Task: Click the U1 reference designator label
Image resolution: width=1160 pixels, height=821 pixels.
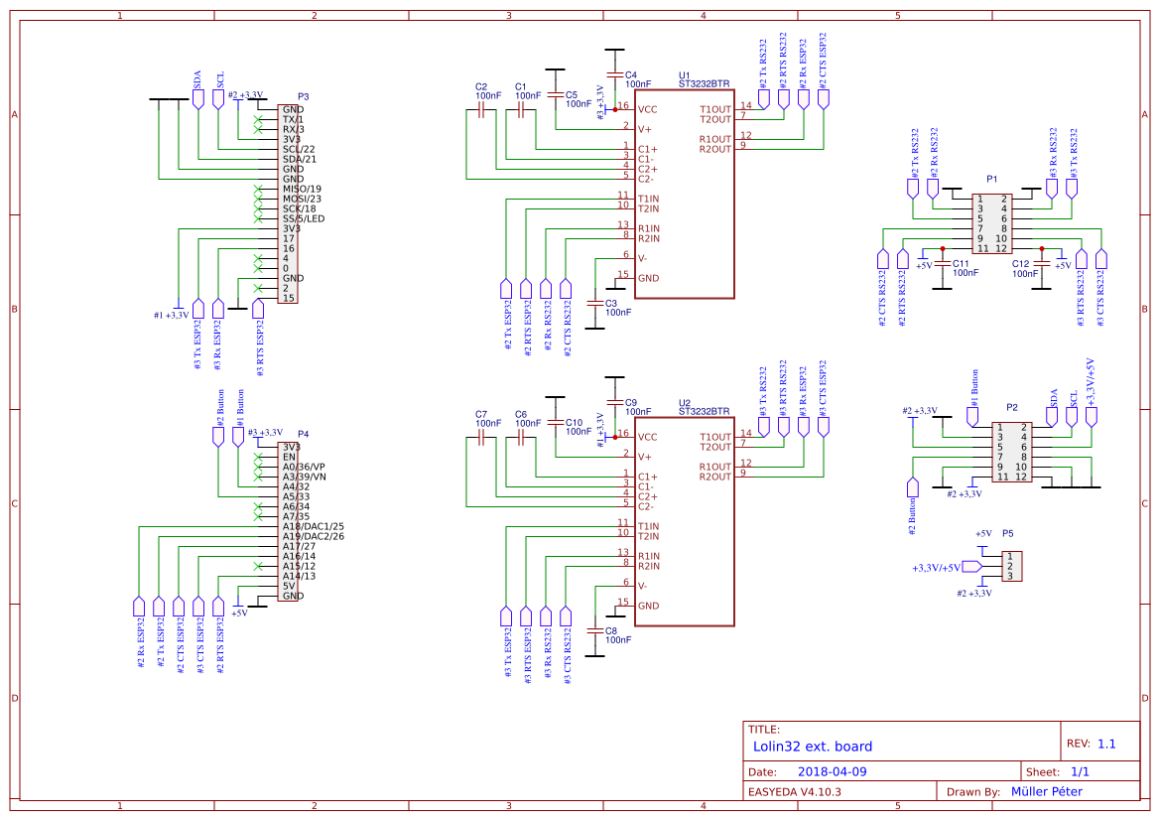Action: point(684,75)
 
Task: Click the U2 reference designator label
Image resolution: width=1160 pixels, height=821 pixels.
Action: point(684,403)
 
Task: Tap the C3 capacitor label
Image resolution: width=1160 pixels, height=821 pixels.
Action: point(611,303)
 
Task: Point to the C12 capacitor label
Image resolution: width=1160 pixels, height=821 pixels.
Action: point(1021,264)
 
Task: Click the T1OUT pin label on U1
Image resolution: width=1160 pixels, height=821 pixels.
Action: point(714,109)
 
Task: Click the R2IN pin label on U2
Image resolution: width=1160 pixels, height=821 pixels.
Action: point(649,566)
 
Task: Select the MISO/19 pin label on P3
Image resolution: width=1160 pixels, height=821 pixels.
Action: point(302,189)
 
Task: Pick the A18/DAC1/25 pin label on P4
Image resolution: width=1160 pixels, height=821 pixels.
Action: point(313,526)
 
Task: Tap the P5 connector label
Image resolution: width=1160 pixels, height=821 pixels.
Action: point(1008,533)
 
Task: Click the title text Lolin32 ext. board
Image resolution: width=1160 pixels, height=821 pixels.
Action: point(812,747)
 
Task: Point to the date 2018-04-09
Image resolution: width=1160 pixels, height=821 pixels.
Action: point(833,771)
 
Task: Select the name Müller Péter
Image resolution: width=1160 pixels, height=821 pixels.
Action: point(1046,791)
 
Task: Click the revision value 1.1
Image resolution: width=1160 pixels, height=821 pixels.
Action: point(1106,744)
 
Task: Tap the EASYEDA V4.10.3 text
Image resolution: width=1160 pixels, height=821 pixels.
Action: point(795,791)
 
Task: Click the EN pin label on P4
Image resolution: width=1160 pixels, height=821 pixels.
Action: point(289,457)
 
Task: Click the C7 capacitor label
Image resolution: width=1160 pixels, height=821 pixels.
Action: point(481,414)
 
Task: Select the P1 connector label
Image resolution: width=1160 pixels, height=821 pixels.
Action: point(992,179)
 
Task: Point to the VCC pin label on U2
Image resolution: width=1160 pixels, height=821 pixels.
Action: point(647,437)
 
